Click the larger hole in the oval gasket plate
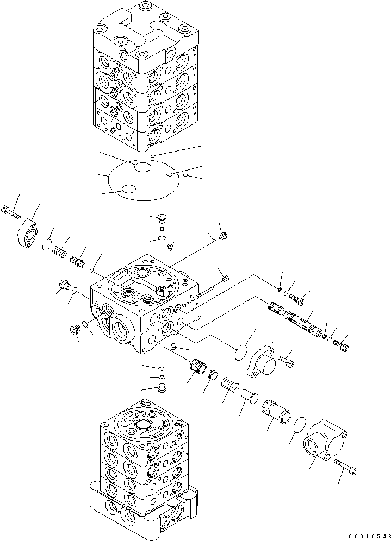142,168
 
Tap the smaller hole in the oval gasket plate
128,188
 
